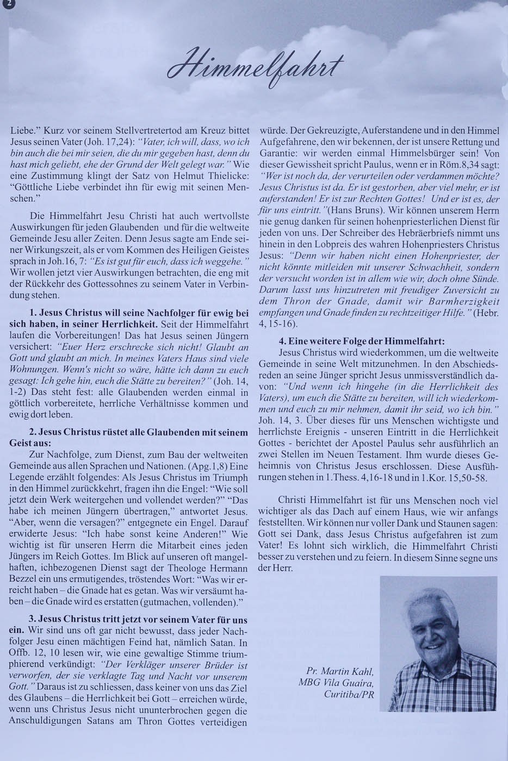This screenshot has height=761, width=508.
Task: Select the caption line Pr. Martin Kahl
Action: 339,671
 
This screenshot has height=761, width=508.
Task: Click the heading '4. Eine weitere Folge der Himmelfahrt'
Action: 361,341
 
